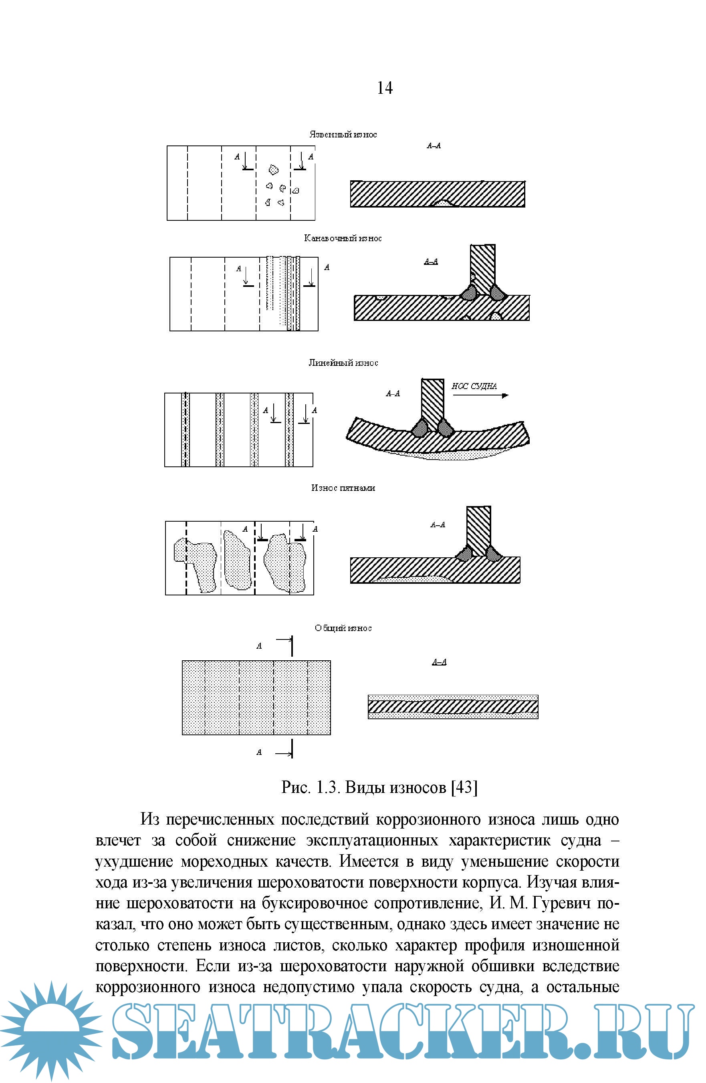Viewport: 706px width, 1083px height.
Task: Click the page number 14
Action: [x=385, y=88]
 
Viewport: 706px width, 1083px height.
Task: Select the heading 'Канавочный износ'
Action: [x=343, y=238]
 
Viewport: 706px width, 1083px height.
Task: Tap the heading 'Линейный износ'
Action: [x=343, y=363]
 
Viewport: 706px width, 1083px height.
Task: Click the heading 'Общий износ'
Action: [x=343, y=628]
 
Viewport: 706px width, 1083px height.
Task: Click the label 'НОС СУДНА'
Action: [x=474, y=386]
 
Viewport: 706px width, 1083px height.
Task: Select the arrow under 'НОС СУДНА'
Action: [x=480, y=395]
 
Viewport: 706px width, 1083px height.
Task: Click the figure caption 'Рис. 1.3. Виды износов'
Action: [x=364, y=787]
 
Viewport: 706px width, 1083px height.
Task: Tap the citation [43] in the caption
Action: [x=464, y=787]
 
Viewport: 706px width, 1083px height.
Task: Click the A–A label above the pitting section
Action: [x=434, y=145]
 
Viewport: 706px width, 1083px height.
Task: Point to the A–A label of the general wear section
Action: [x=439, y=662]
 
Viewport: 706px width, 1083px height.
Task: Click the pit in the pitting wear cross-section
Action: [x=443, y=203]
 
